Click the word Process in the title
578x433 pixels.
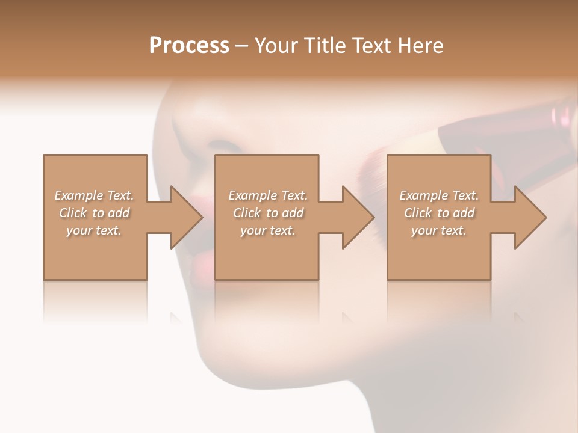[x=189, y=46]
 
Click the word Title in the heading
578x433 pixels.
[x=323, y=46]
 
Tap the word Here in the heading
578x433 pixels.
[x=421, y=46]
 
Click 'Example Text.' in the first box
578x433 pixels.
[x=94, y=195]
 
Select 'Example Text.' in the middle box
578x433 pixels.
[x=268, y=195]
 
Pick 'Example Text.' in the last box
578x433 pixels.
[x=439, y=195]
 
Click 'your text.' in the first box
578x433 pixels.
[x=94, y=230]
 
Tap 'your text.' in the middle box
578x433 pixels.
[x=268, y=230]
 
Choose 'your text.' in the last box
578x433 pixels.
[x=439, y=230]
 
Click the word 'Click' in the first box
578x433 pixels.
[x=73, y=213]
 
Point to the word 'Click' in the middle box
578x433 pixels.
[x=247, y=213]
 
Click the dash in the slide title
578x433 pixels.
[x=242, y=46]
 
